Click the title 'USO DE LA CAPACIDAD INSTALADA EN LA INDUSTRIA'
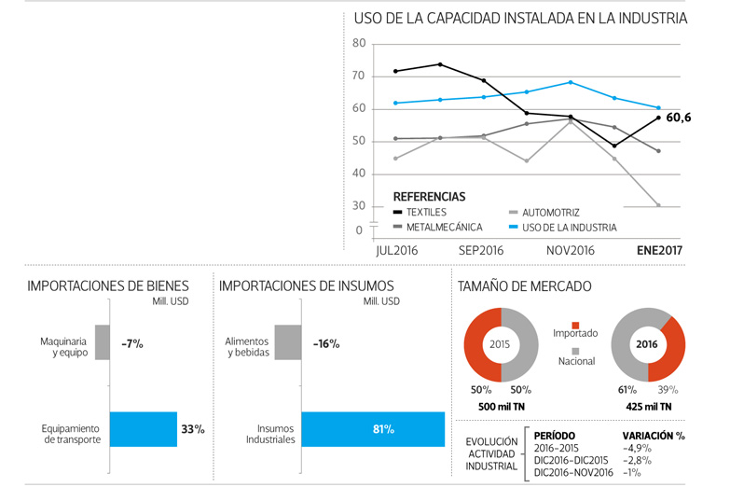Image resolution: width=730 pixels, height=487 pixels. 520,18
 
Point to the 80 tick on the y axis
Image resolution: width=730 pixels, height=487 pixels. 360,44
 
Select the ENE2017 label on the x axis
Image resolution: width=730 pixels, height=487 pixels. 658,251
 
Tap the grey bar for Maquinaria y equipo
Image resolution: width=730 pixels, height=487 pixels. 103,342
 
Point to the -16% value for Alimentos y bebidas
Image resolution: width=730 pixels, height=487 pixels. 326,343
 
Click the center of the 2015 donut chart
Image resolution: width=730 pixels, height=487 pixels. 501,343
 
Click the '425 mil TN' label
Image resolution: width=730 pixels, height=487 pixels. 648,407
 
